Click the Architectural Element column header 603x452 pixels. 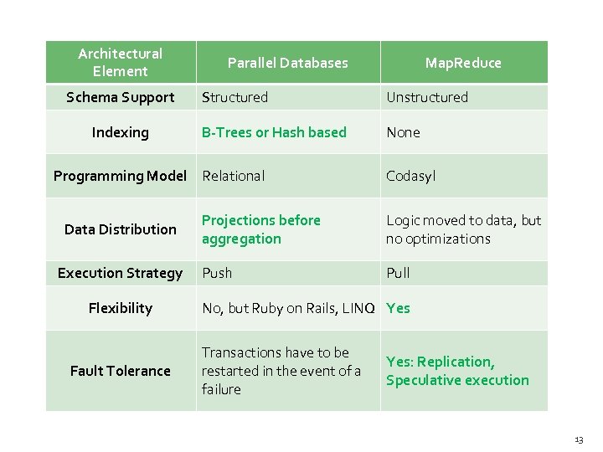click(x=120, y=63)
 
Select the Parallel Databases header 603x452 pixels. click(x=287, y=63)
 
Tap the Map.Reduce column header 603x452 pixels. click(x=463, y=63)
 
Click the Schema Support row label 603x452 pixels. click(x=120, y=97)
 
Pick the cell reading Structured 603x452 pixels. click(x=234, y=97)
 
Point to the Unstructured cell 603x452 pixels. click(x=427, y=97)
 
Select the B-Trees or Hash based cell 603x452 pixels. click(x=274, y=132)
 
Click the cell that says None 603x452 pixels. click(x=403, y=132)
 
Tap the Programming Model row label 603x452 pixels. click(x=120, y=176)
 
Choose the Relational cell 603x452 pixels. click(x=233, y=176)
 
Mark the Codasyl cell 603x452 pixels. click(x=410, y=176)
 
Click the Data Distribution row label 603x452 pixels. click(x=120, y=229)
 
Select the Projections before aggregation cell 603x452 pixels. click(x=260, y=229)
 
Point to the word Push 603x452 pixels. click(x=216, y=273)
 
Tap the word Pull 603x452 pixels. click(x=398, y=273)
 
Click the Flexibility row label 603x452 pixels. click(x=120, y=308)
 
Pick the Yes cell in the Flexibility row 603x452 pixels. click(x=398, y=308)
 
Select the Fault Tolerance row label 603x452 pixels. click(x=120, y=371)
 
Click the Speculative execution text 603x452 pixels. click(x=457, y=380)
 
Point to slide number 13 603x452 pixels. click(x=579, y=439)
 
